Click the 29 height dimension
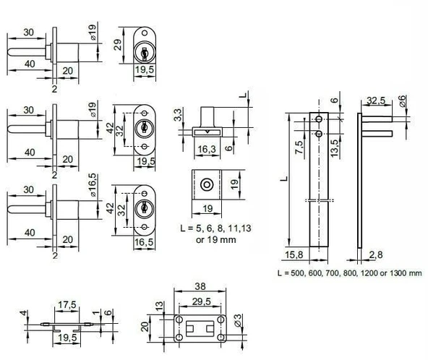coord(118,45)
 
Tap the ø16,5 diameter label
coord(93,185)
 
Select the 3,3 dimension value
coord(178,115)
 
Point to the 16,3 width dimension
coord(207,150)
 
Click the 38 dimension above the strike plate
coord(200,286)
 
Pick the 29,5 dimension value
coord(202,301)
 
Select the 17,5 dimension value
coord(67,304)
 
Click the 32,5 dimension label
coord(376,100)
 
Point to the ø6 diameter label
coord(403,101)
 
